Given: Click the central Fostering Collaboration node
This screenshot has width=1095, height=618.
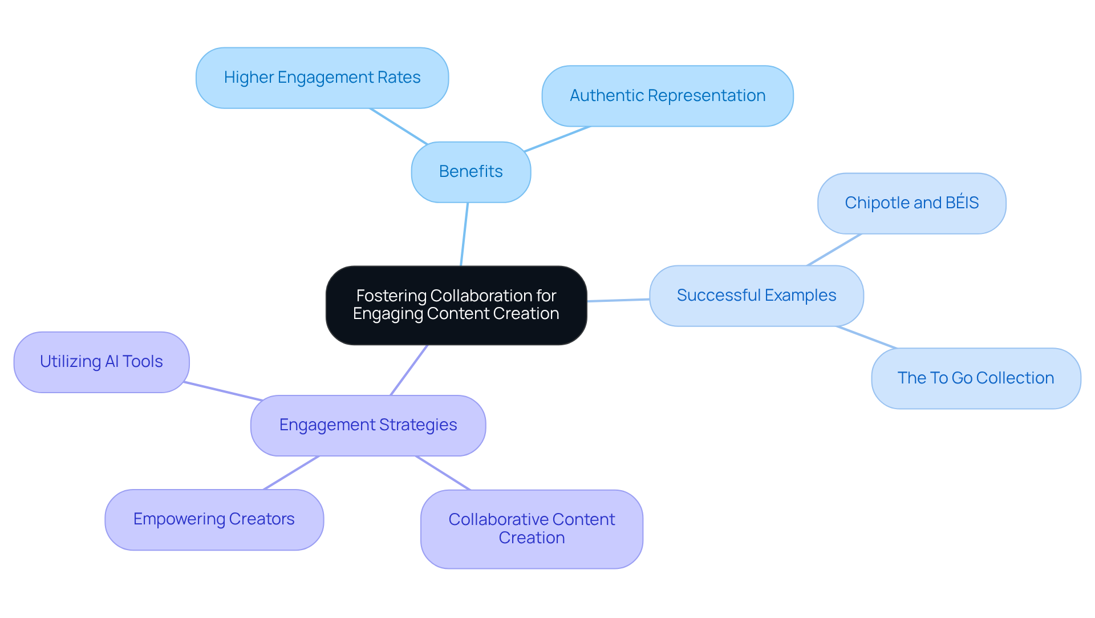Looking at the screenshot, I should pos(456,305).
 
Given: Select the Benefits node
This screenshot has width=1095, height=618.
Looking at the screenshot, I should pos(471,172).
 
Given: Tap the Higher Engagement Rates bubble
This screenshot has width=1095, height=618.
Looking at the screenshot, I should pos(322,78).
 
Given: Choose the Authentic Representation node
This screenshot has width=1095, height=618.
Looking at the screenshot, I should pos(667,96).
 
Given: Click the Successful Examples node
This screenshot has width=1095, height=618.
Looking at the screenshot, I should pos(756,296).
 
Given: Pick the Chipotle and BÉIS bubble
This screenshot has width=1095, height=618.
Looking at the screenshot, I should pos(911,203).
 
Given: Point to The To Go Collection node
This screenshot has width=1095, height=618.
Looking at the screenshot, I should pos(975,378).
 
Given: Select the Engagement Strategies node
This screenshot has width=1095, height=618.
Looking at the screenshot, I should pos(368,425).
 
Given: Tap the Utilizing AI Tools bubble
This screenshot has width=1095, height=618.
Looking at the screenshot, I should pos(102,362).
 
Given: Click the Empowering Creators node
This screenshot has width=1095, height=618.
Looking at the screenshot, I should pos(214,519).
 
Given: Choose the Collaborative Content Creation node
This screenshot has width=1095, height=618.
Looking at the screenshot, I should pos(532,529).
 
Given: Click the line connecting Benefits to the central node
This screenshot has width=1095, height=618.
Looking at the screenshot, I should pos(464,234).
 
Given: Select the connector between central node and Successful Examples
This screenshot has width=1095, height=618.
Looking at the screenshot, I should pos(618,300).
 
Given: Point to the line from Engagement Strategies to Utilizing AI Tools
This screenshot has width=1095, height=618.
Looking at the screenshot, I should pos(222,391).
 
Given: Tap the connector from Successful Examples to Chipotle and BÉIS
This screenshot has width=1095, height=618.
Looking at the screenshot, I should pos(834,250).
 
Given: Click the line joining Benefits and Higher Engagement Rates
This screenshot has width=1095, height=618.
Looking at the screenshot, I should pos(399,126).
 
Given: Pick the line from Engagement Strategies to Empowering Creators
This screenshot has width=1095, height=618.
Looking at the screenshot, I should pos(291,472).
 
